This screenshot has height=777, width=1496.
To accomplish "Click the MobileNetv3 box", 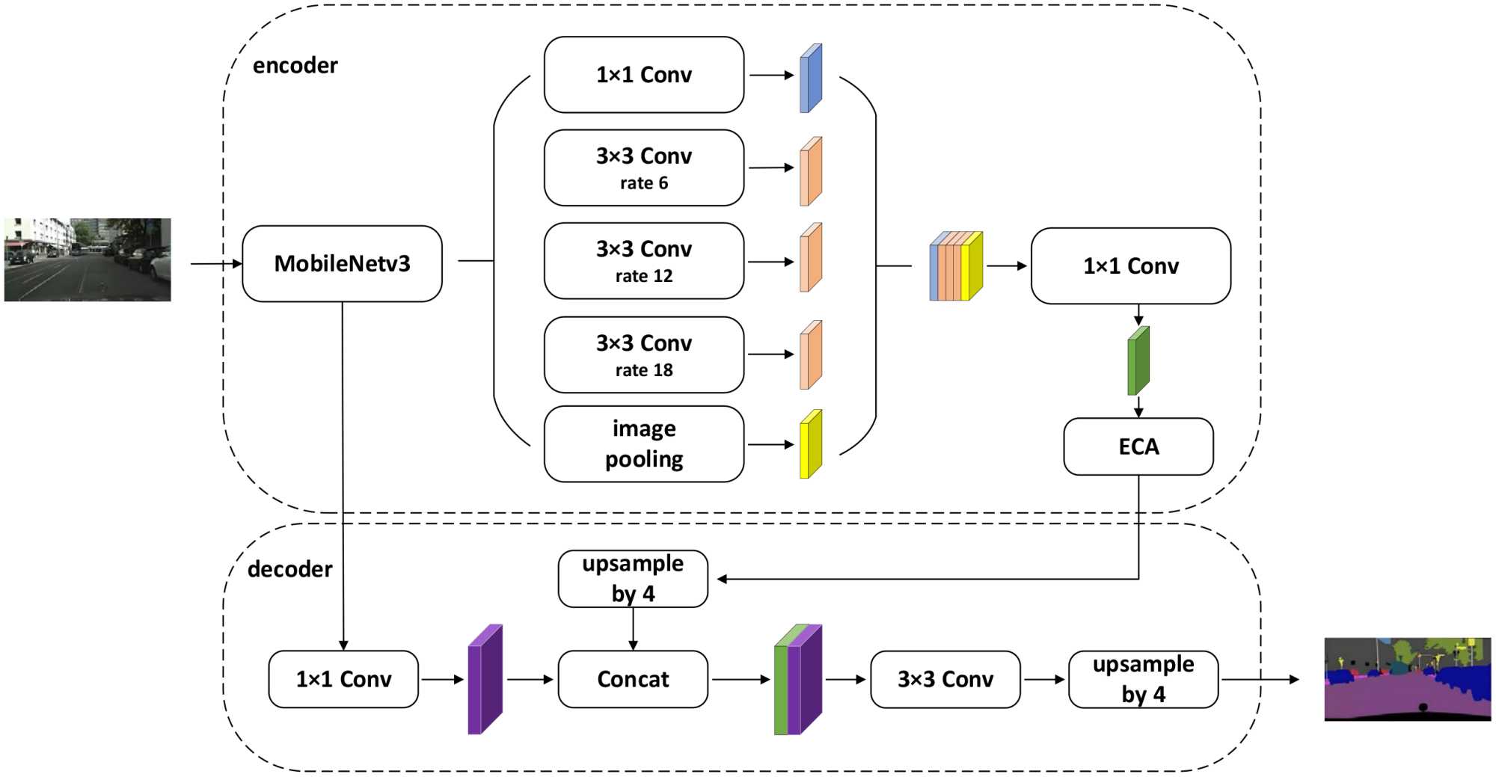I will [x=342, y=264].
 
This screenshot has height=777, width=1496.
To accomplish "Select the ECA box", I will [x=1138, y=446].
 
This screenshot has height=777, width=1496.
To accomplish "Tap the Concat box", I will [x=633, y=679].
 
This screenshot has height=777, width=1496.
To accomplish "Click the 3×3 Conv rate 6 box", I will [x=643, y=168].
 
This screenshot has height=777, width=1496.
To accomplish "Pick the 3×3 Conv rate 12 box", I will [x=643, y=261].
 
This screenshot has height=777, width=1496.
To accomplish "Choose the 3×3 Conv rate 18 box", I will [x=643, y=355].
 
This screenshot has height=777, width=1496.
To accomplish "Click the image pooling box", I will [x=643, y=444].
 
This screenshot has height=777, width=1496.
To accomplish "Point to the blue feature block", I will [x=811, y=79].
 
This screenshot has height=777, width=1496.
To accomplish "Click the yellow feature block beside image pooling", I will [x=811, y=444].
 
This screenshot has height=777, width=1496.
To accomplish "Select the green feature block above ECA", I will [x=1138, y=361].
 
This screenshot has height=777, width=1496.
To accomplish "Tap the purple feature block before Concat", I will [x=485, y=680].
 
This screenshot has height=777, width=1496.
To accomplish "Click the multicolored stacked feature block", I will [x=956, y=266].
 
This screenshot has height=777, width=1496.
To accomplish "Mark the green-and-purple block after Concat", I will [x=797, y=680].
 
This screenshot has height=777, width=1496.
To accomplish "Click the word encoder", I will [x=295, y=66].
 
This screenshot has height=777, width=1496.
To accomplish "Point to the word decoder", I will [x=289, y=569].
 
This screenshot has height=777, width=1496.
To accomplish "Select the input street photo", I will [x=88, y=260].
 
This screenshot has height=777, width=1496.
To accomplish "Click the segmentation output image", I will [x=1407, y=679].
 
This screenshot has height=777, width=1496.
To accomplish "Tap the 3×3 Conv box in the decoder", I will [x=945, y=679].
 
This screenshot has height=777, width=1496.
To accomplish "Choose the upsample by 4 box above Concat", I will [x=633, y=579].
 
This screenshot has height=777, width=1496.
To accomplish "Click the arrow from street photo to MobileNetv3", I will [x=216, y=263].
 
